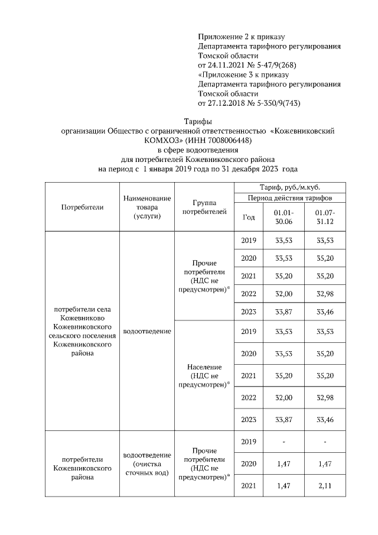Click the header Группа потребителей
tap(204, 207)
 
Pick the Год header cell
tap(249, 217)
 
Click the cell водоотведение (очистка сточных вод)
tap(147, 464)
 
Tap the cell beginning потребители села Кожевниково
tap(83, 331)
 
